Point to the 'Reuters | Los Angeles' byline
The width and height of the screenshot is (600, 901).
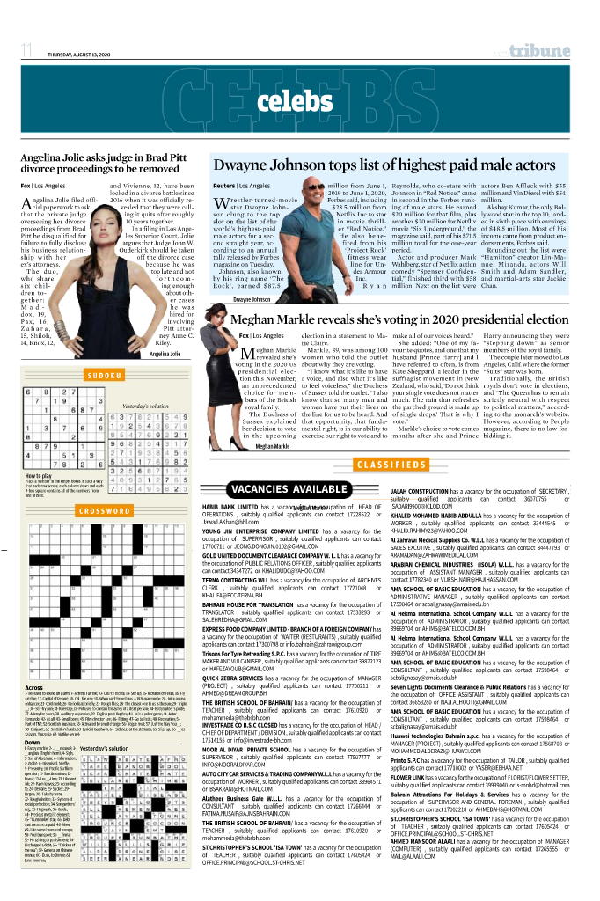[x=241, y=187]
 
